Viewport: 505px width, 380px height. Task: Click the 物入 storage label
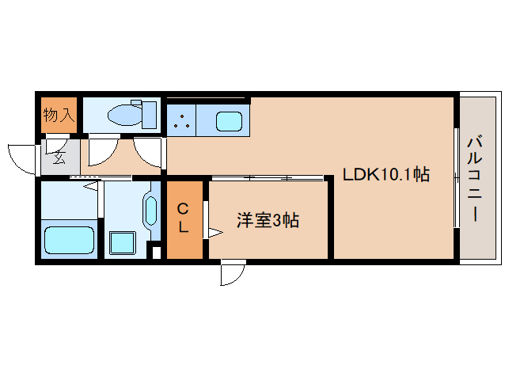point(58,115)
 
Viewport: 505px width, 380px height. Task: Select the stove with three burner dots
point(181,121)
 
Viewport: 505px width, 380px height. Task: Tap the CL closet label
point(183,218)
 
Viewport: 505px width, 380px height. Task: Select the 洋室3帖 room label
point(268,221)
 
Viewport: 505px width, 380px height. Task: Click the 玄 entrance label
point(59,158)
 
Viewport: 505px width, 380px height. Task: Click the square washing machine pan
point(122,242)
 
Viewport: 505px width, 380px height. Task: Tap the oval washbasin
point(150,210)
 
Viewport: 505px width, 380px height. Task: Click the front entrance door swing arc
point(22,157)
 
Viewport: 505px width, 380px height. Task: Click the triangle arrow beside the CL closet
point(213,232)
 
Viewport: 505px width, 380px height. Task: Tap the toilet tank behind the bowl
point(147,114)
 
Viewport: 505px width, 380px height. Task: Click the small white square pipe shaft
point(155,253)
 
